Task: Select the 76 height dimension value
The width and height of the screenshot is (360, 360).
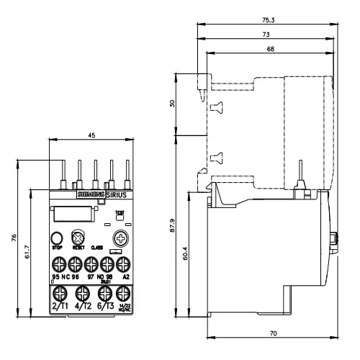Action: click(14, 238)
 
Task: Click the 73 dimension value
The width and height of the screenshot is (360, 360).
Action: click(266, 34)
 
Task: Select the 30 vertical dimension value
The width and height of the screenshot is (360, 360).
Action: click(171, 103)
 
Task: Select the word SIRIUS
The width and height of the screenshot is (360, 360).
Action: click(112, 195)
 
